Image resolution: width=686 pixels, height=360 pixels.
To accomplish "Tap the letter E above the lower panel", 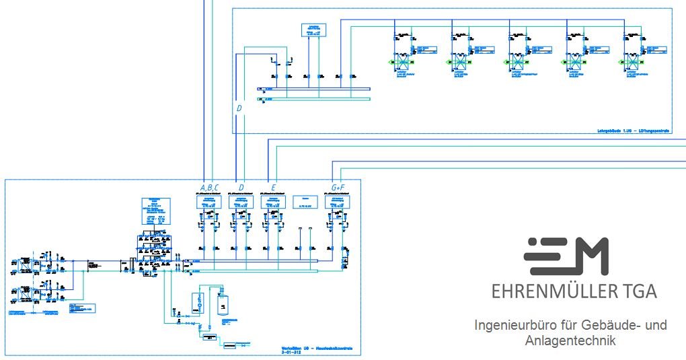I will pos(273,187).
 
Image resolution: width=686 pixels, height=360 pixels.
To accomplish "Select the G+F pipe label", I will pos(338,187).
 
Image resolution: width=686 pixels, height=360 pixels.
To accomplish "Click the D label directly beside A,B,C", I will pos(241,187).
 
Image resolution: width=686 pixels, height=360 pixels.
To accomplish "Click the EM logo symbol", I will pos(566,256).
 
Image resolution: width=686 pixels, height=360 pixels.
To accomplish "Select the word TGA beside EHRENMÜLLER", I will pos(639,292).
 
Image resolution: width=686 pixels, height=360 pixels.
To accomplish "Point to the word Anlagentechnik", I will pos(570,341).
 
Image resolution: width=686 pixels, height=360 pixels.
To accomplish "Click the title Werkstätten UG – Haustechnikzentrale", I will pos(321,349).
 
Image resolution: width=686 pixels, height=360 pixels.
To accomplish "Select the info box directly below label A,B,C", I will pos(208,202).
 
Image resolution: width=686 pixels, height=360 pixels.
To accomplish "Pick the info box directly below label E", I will pos(273,202).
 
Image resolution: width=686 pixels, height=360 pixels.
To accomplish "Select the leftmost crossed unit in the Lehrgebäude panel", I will pos(402,63).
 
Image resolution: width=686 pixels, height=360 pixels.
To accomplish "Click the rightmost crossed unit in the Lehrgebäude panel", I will pos(633,63).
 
